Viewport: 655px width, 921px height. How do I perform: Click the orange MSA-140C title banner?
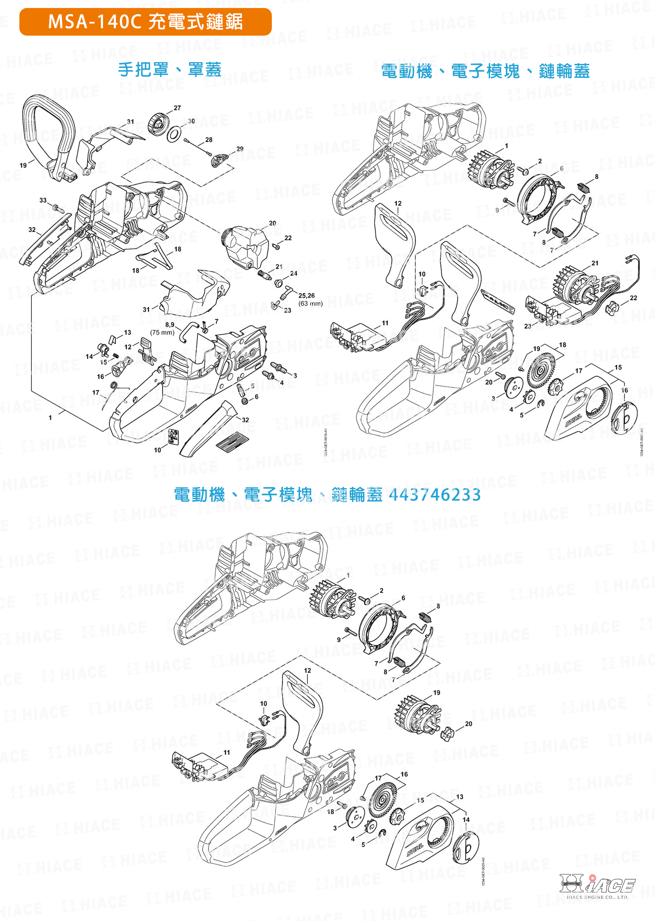click(x=145, y=22)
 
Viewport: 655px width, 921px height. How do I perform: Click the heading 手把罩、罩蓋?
click(x=169, y=70)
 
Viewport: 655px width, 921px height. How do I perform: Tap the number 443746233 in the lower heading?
click(x=435, y=495)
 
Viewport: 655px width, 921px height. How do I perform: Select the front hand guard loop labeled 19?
click(x=48, y=129)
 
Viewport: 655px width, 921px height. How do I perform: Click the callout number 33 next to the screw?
click(x=43, y=200)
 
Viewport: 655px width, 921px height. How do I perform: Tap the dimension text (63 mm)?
click(x=310, y=304)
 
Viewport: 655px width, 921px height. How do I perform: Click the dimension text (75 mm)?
click(x=162, y=332)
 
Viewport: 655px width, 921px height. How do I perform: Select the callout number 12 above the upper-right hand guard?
click(x=398, y=203)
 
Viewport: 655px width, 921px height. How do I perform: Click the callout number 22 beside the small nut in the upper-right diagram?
click(x=633, y=298)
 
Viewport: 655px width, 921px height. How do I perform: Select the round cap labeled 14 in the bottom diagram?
click(x=466, y=849)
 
